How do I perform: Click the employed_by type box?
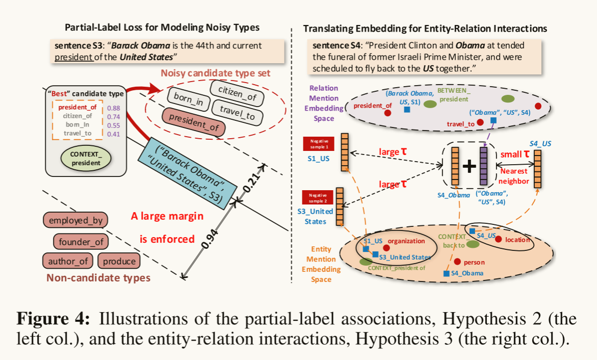(75, 220)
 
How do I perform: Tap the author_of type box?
(68, 261)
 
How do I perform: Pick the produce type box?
(119, 261)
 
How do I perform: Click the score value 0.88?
(114, 108)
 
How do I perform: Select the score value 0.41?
(114, 134)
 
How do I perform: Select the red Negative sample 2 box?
(317, 196)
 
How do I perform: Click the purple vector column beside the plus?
(483, 167)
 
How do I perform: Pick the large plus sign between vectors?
(469, 167)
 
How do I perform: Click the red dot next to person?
(457, 262)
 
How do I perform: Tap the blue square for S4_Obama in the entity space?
(446, 274)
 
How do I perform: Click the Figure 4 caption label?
(54, 320)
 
